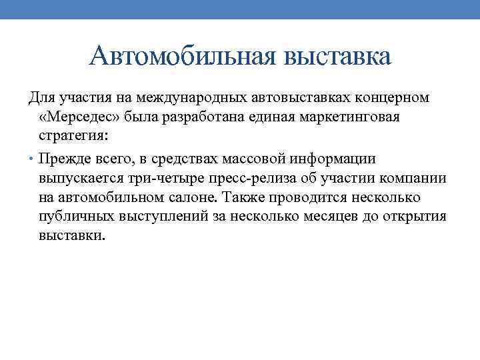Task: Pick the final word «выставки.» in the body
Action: tap(71, 236)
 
